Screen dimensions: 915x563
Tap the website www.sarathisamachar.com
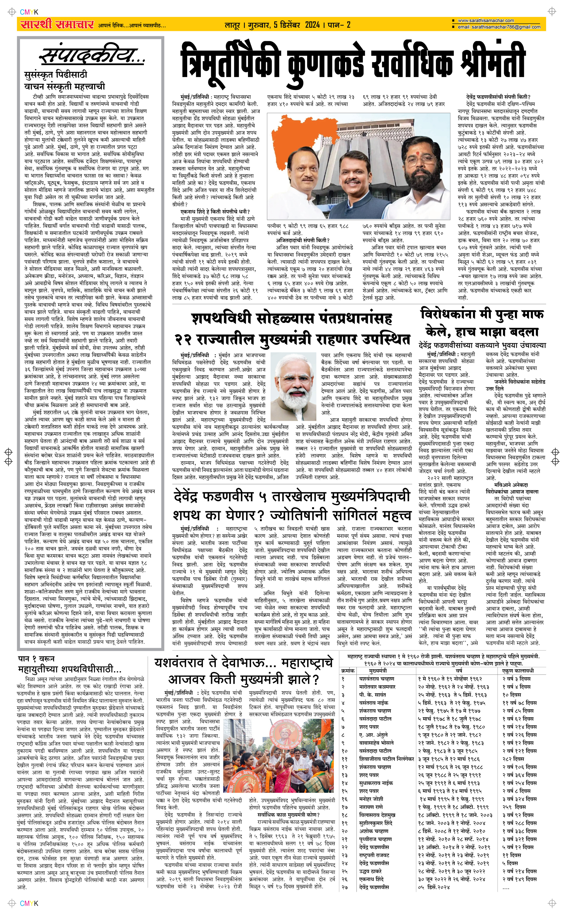coord(486,21)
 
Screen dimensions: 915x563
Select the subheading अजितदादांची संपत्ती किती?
coord(303,240)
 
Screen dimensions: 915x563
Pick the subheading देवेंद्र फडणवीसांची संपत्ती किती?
coord(498,97)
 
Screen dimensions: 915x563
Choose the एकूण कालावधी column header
coord(518,671)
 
